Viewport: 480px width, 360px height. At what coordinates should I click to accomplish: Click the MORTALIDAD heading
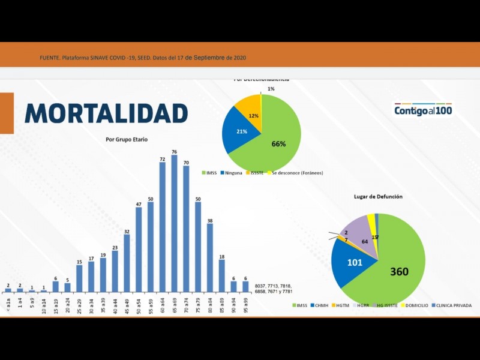(106, 113)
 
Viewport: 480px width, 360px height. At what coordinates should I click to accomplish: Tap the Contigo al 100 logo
(423, 110)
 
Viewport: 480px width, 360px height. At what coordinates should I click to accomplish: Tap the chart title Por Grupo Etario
(127, 139)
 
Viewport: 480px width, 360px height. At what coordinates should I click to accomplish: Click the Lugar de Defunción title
(378, 196)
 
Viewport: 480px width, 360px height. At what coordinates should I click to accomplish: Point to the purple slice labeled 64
(362, 237)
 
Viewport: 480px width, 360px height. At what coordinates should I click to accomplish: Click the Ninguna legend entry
(232, 173)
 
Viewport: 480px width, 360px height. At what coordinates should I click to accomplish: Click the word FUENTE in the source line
(49, 58)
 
